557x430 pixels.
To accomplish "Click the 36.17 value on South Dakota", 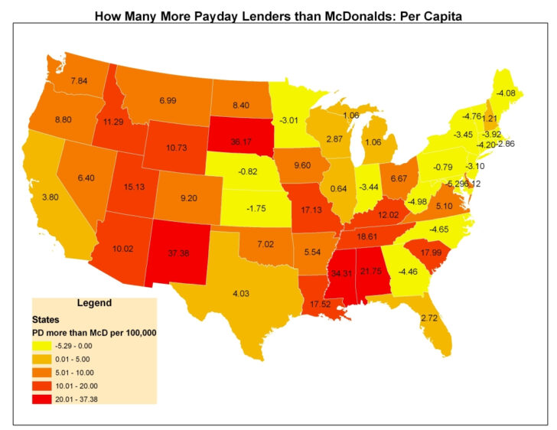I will coord(243,142).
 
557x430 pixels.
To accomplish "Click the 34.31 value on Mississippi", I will coord(343,273).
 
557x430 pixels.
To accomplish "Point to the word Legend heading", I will coord(94,302).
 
